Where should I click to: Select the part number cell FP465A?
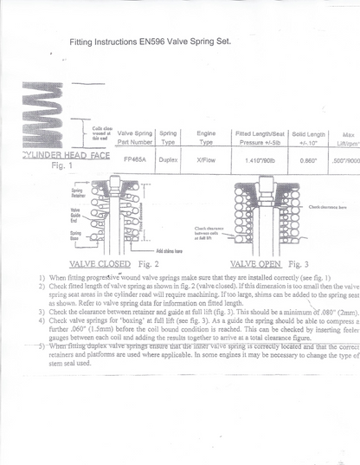[x=134, y=160]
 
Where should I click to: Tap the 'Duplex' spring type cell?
[x=168, y=160]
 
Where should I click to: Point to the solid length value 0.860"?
[x=308, y=161]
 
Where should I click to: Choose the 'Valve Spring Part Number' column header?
[x=134, y=138]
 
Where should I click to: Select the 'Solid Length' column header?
[x=308, y=138]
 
